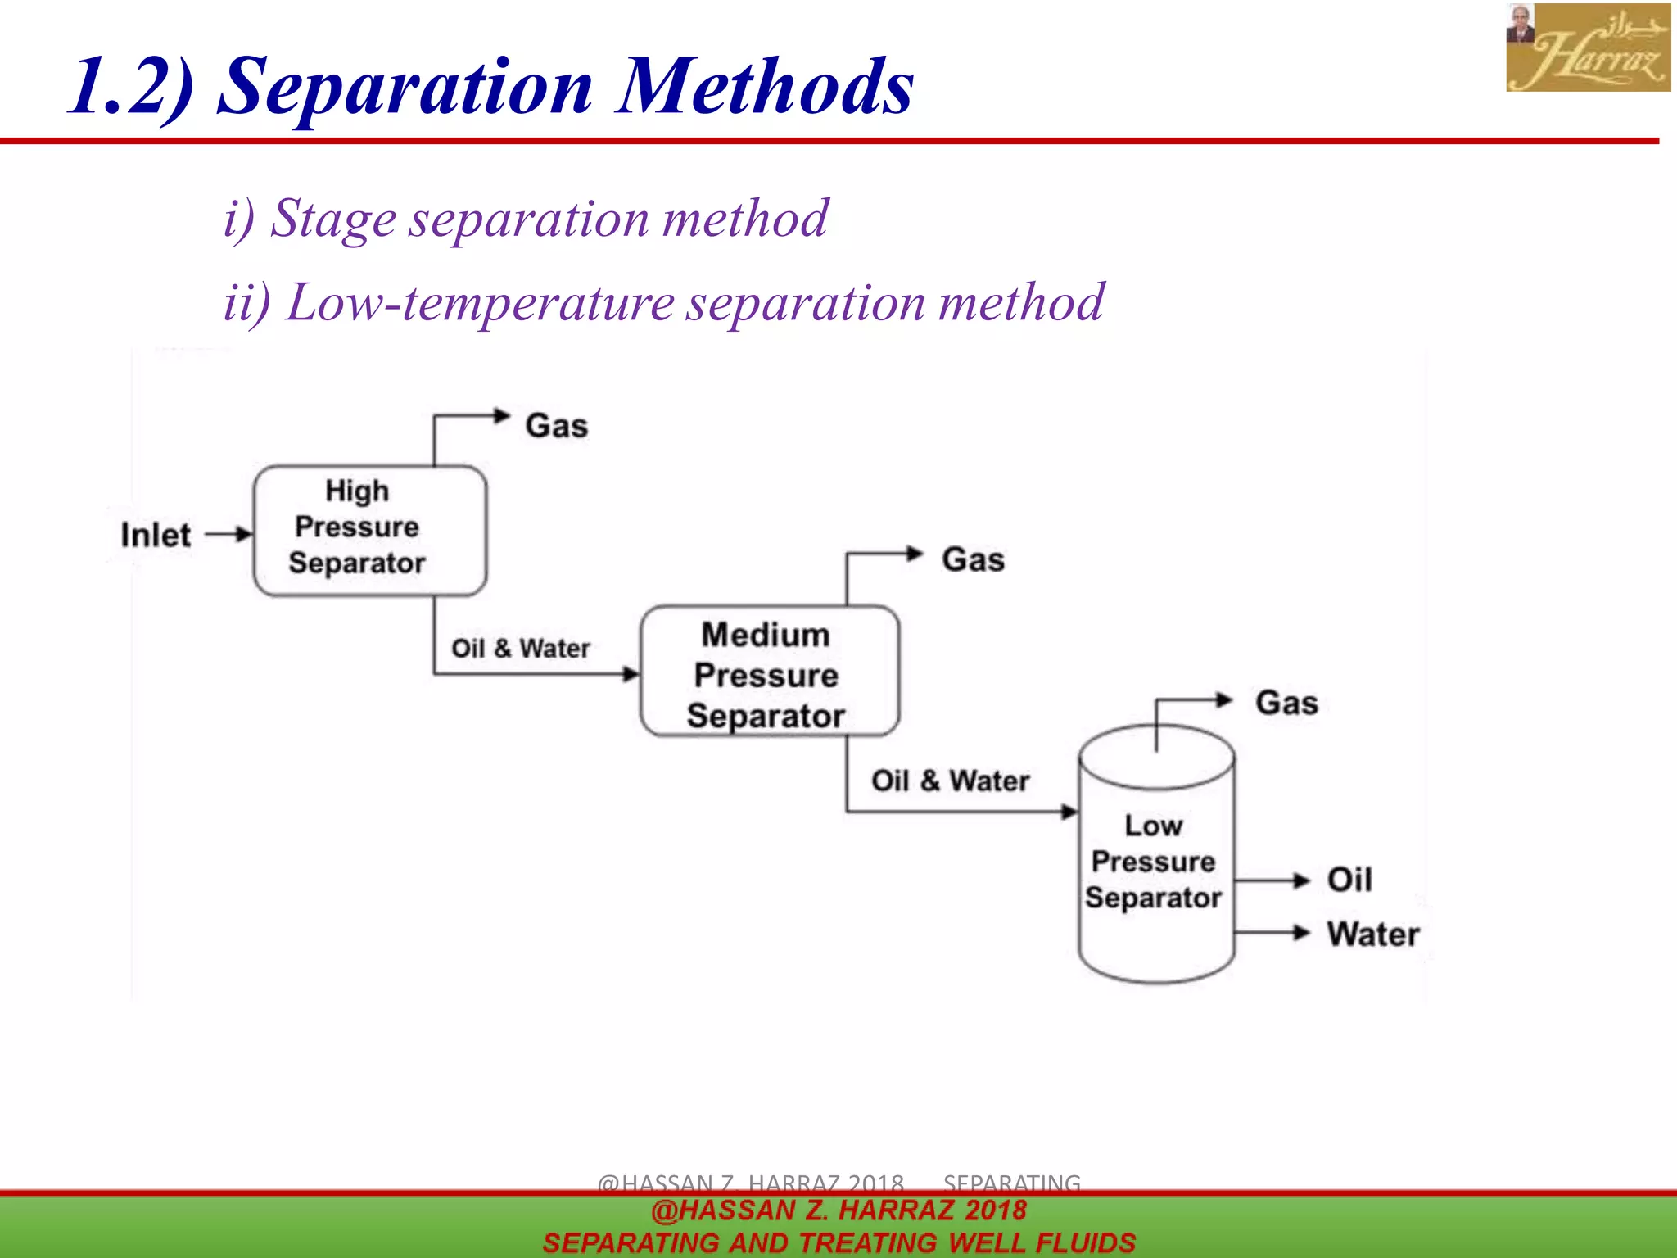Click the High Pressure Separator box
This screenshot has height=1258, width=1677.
click(370, 530)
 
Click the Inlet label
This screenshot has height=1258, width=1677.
click(156, 535)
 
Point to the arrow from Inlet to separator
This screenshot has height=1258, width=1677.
click(228, 535)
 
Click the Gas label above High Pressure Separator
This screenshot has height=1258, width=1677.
click(557, 426)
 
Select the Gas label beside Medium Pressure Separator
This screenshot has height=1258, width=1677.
click(973, 560)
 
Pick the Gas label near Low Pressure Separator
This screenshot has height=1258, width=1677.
click(1286, 703)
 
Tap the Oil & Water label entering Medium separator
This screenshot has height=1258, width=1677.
click(521, 649)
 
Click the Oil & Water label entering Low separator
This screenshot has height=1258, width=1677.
click(950, 781)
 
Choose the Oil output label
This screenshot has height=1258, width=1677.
click(1349, 880)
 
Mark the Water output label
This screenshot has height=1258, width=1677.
click(1373, 934)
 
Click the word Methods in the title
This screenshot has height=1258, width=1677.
click(765, 86)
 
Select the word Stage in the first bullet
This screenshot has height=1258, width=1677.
click(333, 219)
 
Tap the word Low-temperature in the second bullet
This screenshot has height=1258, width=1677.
click(481, 302)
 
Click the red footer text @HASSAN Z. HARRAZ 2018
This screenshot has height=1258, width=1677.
click(838, 1210)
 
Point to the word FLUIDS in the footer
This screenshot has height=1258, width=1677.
click(1084, 1242)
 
